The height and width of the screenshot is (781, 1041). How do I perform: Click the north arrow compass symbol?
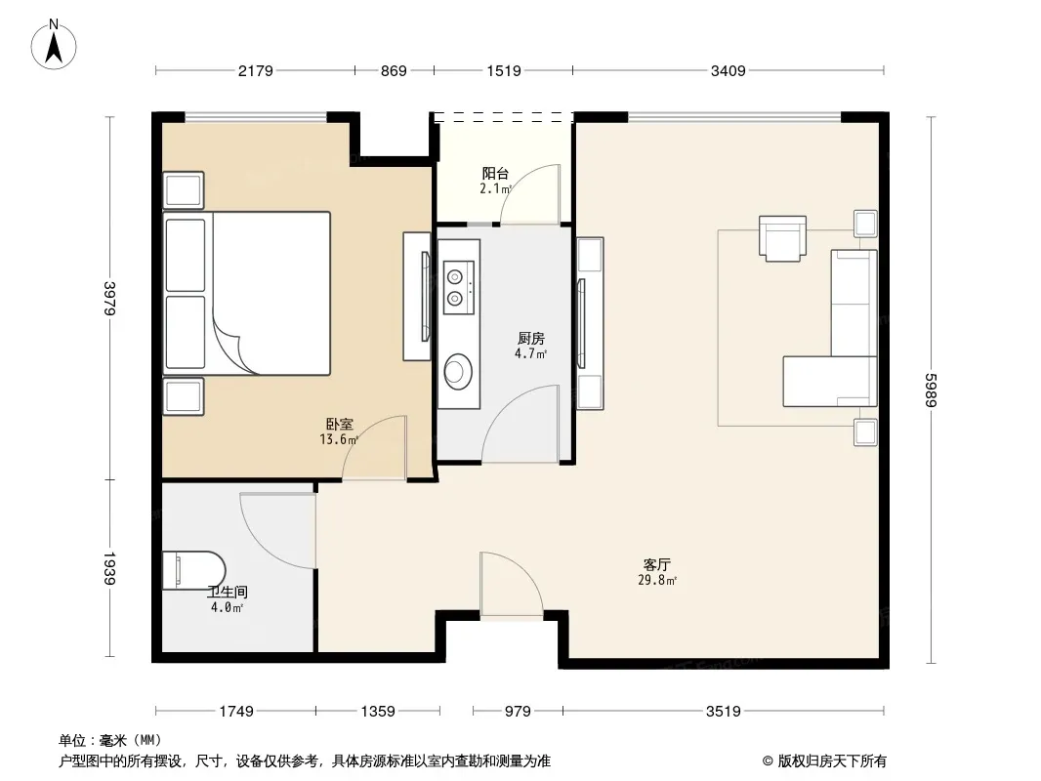tap(54, 45)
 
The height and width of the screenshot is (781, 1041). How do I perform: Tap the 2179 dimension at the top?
tap(256, 70)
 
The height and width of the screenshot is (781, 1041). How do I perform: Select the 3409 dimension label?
tap(729, 70)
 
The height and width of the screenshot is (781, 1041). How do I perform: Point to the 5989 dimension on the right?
tap(930, 390)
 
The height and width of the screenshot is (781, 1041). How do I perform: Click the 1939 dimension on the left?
tap(109, 568)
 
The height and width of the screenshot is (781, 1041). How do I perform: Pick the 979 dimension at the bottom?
tap(518, 712)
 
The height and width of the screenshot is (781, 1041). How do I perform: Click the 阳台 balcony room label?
tap(495, 173)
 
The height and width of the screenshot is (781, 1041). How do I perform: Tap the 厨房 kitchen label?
tap(531, 339)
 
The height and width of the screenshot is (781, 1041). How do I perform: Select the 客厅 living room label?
tap(656, 564)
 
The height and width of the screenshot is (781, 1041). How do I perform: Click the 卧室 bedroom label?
tap(339, 424)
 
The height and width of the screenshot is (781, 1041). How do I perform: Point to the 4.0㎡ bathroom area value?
tap(228, 607)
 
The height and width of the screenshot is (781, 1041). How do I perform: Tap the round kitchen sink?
tap(457, 370)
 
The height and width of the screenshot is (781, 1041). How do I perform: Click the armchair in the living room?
tap(783, 238)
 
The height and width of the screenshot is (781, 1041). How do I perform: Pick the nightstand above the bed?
tap(184, 189)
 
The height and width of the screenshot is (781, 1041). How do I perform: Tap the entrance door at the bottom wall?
tap(511, 584)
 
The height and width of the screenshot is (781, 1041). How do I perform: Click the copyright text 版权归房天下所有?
tap(832, 761)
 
